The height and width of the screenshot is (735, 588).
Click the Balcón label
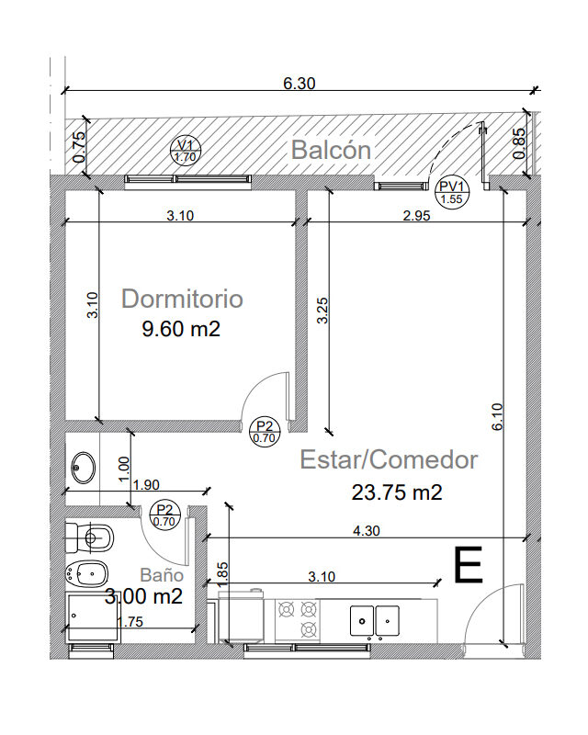pyautogui.click(x=331, y=150)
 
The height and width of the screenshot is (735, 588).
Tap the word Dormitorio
pyautogui.click(x=182, y=299)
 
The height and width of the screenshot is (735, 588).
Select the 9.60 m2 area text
pyautogui.click(x=181, y=329)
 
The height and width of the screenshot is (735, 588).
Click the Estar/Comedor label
pyautogui.click(x=389, y=460)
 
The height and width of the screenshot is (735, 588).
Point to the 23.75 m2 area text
pyautogui.click(x=397, y=492)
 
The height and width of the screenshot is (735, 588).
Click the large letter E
pyautogui.click(x=469, y=565)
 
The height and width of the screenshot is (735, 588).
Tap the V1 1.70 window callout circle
pyautogui.click(x=186, y=151)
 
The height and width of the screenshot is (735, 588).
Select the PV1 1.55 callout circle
pyautogui.click(x=451, y=193)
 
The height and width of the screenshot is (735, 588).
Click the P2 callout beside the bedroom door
pyautogui.click(x=265, y=432)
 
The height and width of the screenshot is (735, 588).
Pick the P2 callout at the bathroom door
pyautogui.click(x=164, y=515)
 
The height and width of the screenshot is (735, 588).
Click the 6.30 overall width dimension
pyautogui.click(x=300, y=84)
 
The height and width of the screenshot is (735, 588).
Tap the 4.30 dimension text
pyautogui.click(x=367, y=531)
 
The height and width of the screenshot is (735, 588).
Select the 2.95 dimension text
pyautogui.click(x=416, y=216)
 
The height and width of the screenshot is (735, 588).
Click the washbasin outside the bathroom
pyautogui.click(x=84, y=468)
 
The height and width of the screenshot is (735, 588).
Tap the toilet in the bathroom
pyautogui.click(x=89, y=537)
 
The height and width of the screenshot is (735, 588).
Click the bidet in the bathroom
pyautogui.click(x=87, y=572)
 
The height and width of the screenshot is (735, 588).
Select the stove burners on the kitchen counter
pyautogui.click(x=298, y=619)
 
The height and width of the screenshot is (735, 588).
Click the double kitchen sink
pyautogui.click(x=375, y=621)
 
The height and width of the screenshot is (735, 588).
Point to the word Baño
pyautogui.click(x=162, y=575)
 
